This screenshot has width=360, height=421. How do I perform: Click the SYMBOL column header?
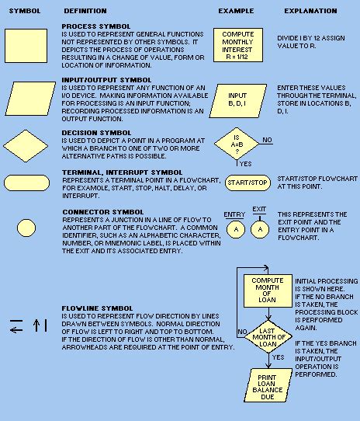coord(26,12)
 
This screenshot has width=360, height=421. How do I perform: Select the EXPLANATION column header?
coord(310,12)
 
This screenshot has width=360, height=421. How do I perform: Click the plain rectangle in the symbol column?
coord(26,46)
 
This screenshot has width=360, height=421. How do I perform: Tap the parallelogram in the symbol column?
coord(26,99)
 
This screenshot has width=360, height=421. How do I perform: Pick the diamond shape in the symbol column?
coord(26,144)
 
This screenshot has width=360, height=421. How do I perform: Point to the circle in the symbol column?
coord(26,227)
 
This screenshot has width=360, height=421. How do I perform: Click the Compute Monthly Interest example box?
coord(237,46)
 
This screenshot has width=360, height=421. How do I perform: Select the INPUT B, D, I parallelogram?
coord(237,98)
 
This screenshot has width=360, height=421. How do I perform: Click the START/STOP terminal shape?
coord(247,183)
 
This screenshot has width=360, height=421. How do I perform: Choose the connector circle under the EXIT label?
coord(259,231)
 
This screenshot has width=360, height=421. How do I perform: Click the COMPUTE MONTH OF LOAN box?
coord(267,290)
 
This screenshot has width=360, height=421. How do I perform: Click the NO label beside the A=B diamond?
coord(267,140)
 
